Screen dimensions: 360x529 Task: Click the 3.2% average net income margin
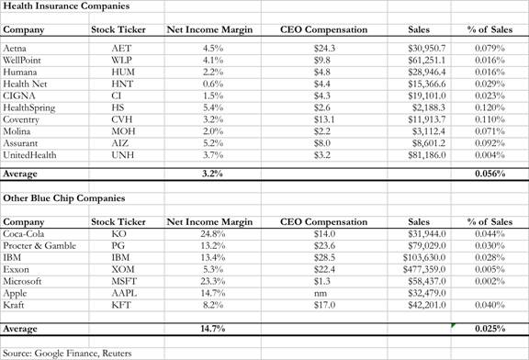point(212,172)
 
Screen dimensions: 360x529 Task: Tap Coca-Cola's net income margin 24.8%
point(210,233)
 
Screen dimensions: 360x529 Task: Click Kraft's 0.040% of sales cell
point(495,306)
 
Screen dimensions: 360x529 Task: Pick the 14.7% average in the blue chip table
point(210,328)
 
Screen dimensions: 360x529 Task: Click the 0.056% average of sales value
point(495,172)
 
